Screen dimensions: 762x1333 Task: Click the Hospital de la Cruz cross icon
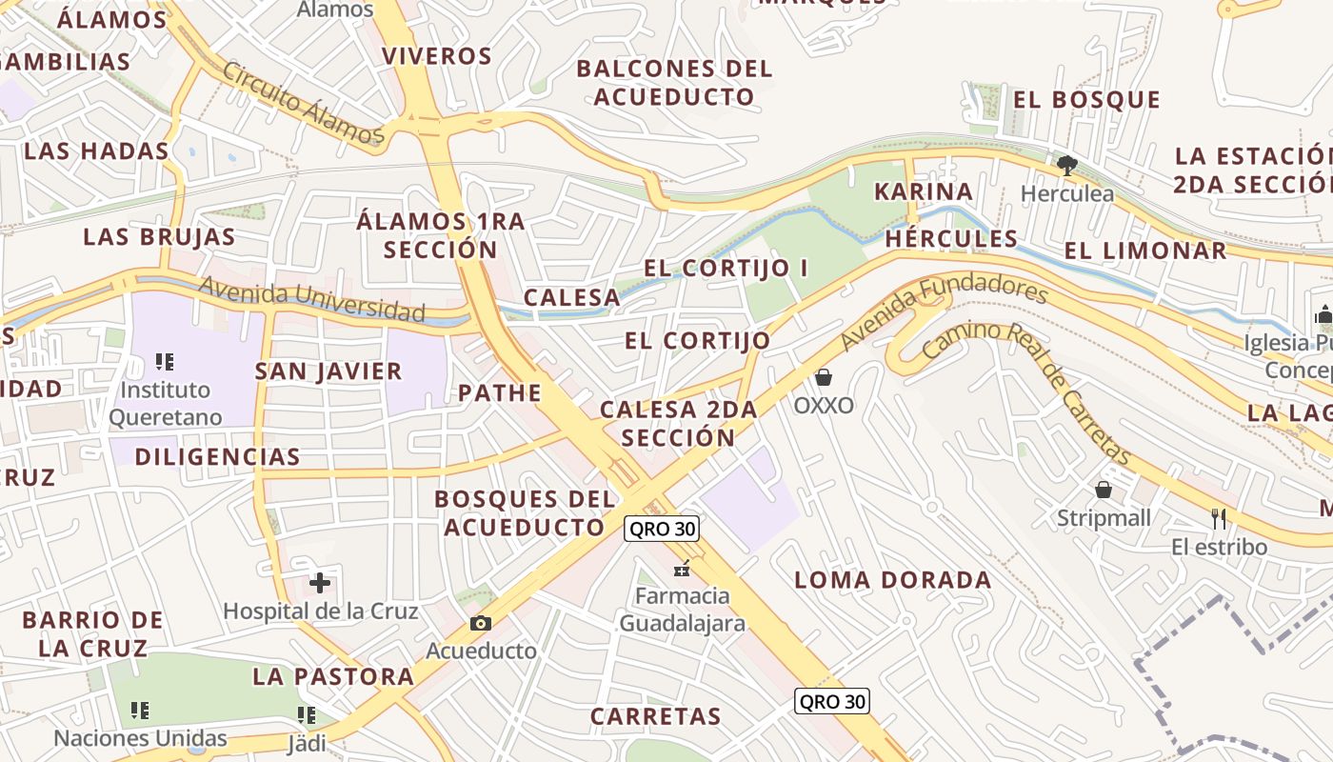point(320,582)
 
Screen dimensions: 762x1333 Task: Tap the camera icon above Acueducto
point(481,623)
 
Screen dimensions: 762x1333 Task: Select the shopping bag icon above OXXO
point(824,377)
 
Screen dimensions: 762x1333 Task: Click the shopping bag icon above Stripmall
point(1104,490)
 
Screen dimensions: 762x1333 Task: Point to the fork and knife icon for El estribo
point(1219,518)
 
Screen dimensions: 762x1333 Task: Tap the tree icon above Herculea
point(1066,166)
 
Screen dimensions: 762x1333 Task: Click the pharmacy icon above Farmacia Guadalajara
point(682,569)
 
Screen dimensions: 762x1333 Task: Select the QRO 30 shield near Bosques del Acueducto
point(662,529)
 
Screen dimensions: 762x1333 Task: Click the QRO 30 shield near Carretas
point(832,702)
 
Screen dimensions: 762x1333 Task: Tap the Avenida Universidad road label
point(311,300)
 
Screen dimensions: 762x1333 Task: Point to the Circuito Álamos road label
point(303,105)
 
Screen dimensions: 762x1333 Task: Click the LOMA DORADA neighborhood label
point(892,580)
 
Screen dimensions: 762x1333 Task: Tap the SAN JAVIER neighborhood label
point(328,371)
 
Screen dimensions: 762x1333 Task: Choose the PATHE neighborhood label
point(500,392)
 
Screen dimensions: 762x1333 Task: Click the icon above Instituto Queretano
point(165,362)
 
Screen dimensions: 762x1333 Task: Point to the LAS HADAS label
point(96,150)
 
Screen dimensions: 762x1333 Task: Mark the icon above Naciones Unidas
point(140,711)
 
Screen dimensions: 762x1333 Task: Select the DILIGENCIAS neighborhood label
point(217,456)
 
